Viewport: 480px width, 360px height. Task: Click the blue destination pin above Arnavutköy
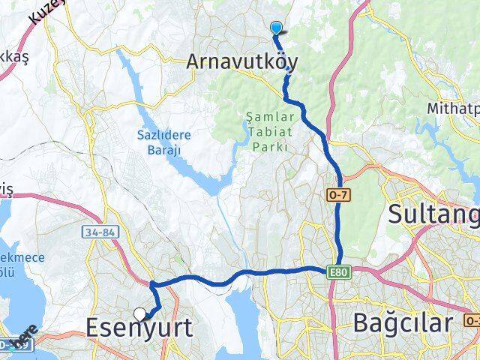click(276, 28)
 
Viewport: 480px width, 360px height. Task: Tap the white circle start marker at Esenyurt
click(141, 314)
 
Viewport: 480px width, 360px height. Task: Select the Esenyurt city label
click(139, 328)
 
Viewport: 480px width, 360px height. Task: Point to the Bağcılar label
click(403, 324)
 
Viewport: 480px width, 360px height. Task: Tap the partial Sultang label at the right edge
click(433, 214)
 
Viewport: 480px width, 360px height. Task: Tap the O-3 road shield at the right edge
click(472, 320)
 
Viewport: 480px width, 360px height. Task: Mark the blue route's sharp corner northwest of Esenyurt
click(152, 284)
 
